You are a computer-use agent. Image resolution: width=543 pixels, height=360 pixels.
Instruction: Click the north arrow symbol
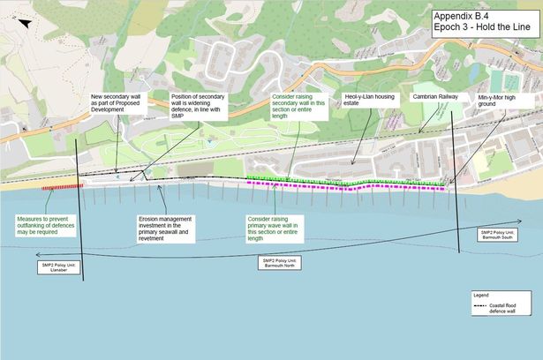(x=29, y=22)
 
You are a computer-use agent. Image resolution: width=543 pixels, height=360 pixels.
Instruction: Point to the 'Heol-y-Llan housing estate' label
(x=365, y=101)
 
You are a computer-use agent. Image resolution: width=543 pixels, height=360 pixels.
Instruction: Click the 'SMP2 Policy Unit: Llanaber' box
(x=58, y=266)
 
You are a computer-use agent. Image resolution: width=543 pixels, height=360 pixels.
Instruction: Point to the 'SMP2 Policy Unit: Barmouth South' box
(x=498, y=234)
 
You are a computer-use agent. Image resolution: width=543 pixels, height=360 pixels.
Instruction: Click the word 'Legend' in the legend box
(x=481, y=294)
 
